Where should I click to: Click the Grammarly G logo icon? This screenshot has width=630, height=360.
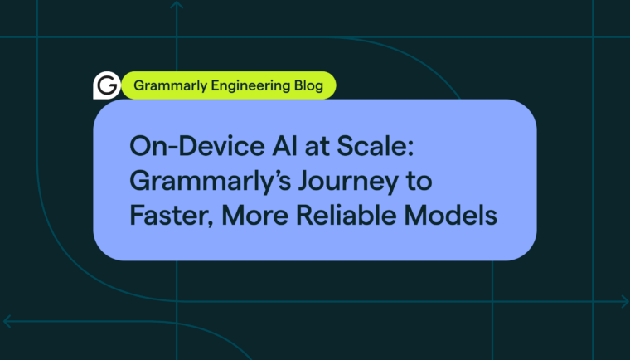click(x=106, y=85)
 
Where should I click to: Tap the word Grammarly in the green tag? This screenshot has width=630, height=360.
click(x=171, y=86)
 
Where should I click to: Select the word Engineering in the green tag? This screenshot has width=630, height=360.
click(x=250, y=86)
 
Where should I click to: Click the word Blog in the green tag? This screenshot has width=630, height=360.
click(x=308, y=85)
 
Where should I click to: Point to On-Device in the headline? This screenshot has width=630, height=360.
click(x=197, y=146)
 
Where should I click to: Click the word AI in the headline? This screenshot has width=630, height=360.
click(x=285, y=146)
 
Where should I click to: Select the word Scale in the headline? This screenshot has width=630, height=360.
click(x=375, y=146)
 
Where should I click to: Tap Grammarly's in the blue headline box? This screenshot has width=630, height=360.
click(x=210, y=182)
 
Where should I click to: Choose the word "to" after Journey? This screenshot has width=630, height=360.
click(x=419, y=182)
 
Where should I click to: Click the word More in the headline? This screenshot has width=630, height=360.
click(x=254, y=215)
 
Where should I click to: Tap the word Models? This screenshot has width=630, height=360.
click(x=450, y=215)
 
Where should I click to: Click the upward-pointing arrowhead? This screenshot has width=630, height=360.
click(x=177, y=4)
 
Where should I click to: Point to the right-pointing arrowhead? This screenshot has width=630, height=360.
click(x=625, y=301)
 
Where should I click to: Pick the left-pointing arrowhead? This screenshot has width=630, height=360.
click(x=7, y=321)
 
